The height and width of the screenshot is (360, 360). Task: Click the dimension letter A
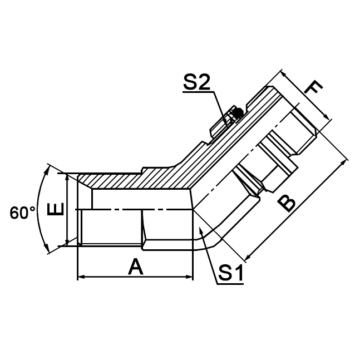(x=135, y=268)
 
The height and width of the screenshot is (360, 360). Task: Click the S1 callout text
(x=230, y=273)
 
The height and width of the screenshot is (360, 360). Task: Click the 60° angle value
(x=22, y=213)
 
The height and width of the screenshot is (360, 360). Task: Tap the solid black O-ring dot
(x=238, y=114)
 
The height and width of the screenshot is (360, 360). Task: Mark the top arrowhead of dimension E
(x=67, y=177)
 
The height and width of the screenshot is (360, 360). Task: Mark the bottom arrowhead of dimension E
(x=67, y=242)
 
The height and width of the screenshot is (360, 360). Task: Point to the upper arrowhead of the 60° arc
(x=52, y=168)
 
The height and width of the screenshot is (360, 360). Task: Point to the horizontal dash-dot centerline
(x=128, y=209)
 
